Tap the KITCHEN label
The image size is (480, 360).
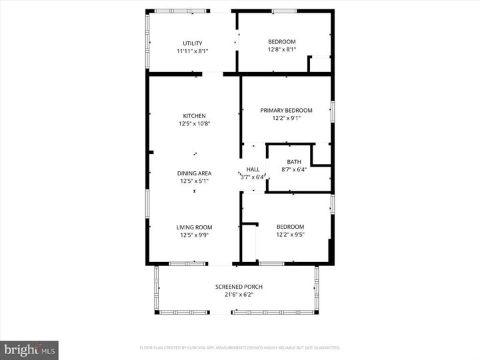coord(194,115)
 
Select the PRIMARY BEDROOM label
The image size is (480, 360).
coord(286,111)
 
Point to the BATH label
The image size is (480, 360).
coord(294,162)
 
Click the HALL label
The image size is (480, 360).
coord(253,169)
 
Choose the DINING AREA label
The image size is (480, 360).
coord(194,173)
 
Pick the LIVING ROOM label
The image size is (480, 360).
coord(194,227)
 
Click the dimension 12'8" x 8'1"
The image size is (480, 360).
coord(281,49)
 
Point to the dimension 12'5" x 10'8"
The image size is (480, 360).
coord(194,123)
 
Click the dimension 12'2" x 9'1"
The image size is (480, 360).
coord(286,119)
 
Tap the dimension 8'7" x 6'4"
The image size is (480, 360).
coord(294,169)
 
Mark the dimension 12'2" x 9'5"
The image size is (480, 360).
coord(290,235)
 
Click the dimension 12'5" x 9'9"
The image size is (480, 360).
coord(194,235)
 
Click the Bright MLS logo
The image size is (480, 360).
coord(29,350)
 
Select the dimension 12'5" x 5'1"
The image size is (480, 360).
coord(194,181)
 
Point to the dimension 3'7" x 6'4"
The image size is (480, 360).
coord(253,177)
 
